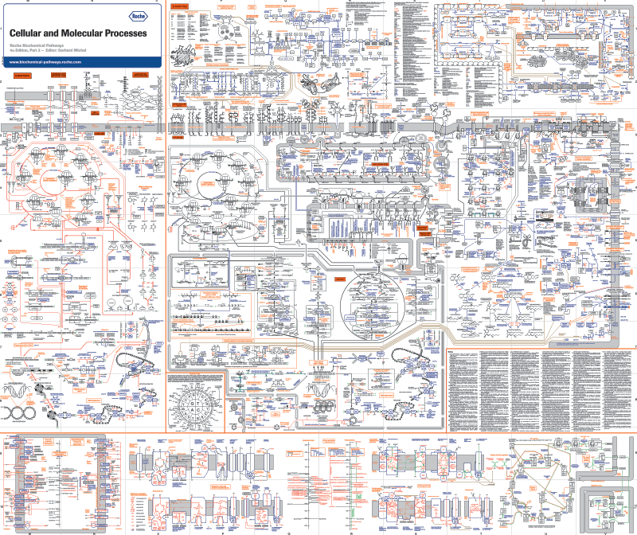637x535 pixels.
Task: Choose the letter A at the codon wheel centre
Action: [191, 409]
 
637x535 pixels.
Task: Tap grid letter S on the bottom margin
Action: [416, 532]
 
